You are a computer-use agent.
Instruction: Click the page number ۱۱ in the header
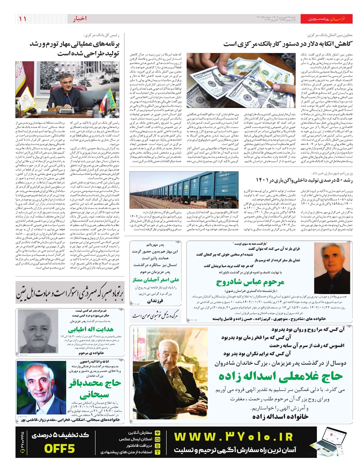coord(23,19)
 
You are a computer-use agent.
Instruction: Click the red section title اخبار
coord(80,19)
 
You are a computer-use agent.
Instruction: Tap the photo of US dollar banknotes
coord(241,80)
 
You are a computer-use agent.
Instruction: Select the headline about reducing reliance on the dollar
coord(288,44)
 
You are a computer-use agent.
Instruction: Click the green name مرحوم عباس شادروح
coord(250,282)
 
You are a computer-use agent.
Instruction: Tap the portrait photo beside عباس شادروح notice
coord(332,268)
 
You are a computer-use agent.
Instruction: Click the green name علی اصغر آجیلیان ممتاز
coord(156,280)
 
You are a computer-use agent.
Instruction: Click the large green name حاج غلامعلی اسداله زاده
coord(281,376)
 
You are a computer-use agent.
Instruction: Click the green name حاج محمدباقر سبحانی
coord(94,389)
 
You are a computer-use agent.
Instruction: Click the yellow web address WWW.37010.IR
coord(234,437)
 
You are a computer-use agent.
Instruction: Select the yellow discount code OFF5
coord(59,448)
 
